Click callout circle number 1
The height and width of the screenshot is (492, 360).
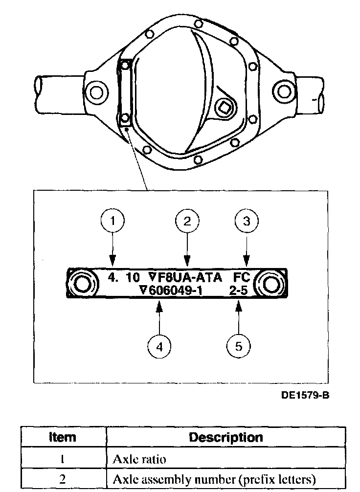[x=113, y=222]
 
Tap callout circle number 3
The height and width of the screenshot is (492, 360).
[x=247, y=222]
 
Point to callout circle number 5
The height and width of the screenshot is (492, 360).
[x=239, y=346]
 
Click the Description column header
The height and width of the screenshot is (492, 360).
[x=225, y=437]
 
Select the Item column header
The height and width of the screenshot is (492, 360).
[x=63, y=437]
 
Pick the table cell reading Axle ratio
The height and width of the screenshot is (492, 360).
[x=139, y=459]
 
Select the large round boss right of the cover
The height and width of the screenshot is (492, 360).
[x=283, y=90]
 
